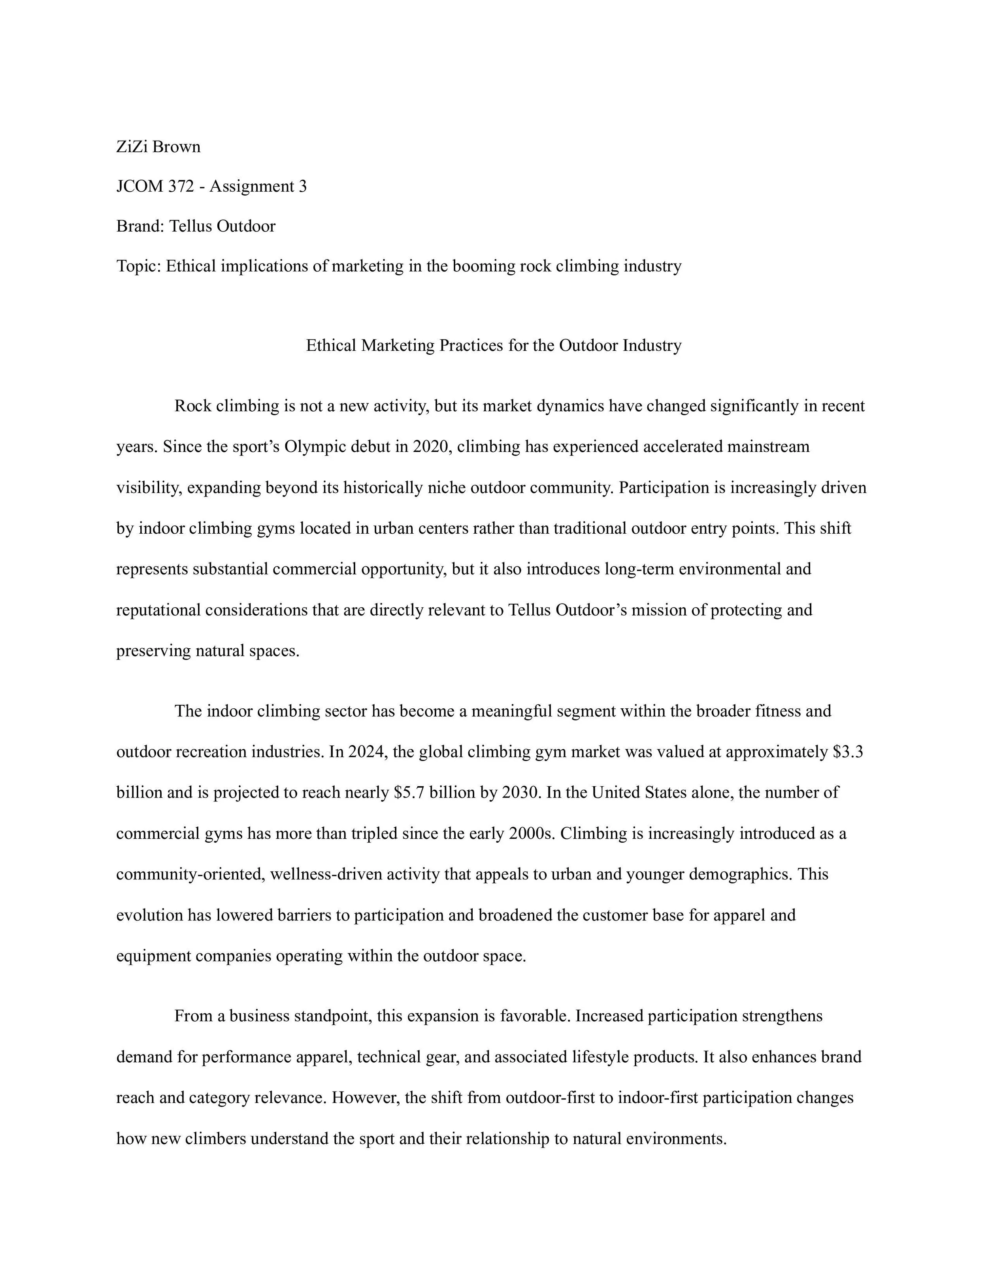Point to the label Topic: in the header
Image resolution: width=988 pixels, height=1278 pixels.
tap(139, 267)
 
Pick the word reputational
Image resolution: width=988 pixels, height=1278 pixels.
tap(158, 610)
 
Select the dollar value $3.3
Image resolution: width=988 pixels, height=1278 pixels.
tap(848, 752)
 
